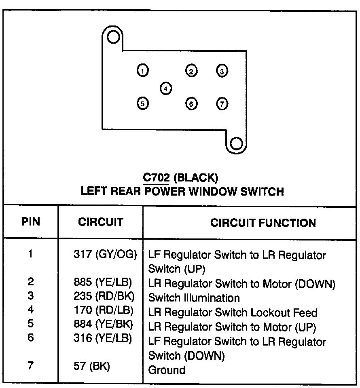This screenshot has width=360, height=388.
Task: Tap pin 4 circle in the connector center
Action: [x=166, y=88]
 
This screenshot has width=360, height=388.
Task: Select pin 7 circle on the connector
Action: [x=222, y=103]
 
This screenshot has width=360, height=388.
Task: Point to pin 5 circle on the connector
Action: [x=142, y=103]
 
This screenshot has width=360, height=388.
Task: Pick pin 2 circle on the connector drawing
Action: [x=191, y=71]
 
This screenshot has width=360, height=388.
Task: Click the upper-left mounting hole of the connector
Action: [x=113, y=38]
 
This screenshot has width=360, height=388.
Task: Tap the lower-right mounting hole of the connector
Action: [x=236, y=143]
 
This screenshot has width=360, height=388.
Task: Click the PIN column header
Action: [x=31, y=222]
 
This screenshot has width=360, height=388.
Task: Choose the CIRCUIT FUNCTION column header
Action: [x=263, y=223]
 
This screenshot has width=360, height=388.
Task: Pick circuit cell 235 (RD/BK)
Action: [x=104, y=297]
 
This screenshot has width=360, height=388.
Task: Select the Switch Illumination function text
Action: [x=194, y=298]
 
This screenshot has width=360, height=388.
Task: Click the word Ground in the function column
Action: [x=167, y=370]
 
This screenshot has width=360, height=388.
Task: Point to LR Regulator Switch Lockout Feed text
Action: [x=233, y=312]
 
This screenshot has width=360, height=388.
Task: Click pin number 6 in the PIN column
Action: [x=31, y=337]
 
